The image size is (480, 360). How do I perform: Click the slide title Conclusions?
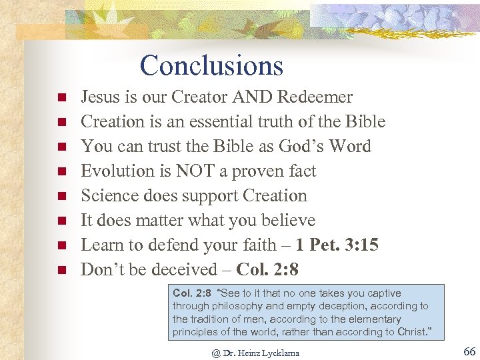211,65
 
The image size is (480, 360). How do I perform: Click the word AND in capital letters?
254,97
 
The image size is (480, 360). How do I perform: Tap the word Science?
108,196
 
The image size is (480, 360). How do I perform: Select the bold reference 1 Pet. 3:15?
337,245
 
